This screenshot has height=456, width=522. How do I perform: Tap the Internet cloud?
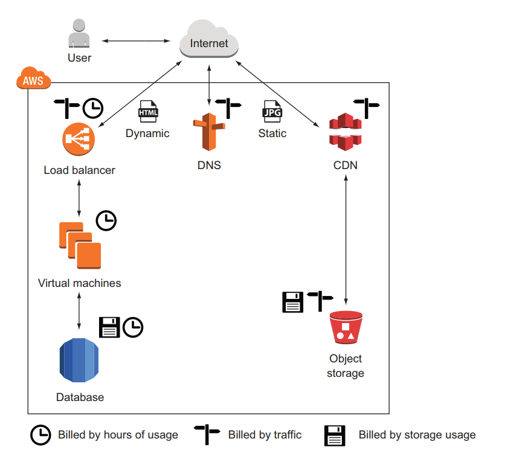click(x=209, y=41)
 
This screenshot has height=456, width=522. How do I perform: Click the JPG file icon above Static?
click(x=272, y=112)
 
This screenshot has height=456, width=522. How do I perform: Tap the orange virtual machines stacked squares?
click(x=79, y=245)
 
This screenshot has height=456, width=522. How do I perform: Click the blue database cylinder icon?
click(x=79, y=361)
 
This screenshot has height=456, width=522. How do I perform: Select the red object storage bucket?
click(x=346, y=327)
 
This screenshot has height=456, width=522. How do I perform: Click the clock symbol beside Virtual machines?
click(x=106, y=220)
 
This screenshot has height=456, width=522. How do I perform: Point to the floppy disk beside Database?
click(x=109, y=327)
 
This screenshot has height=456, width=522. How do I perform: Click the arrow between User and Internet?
click(x=136, y=41)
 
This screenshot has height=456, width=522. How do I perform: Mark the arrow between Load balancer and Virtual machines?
click(x=79, y=197)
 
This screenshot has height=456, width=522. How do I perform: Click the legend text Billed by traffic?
click(x=265, y=435)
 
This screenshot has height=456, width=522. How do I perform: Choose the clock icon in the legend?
click(x=41, y=435)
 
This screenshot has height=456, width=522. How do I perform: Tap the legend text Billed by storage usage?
click(x=417, y=435)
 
